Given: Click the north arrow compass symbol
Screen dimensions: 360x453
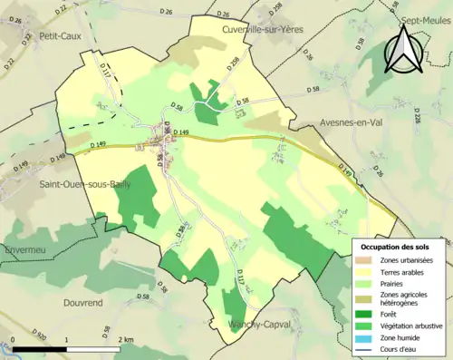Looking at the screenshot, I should pyautogui.click(x=403, y=50).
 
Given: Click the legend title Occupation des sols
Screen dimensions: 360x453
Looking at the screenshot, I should pyautogui.click(x=398, y=246).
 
